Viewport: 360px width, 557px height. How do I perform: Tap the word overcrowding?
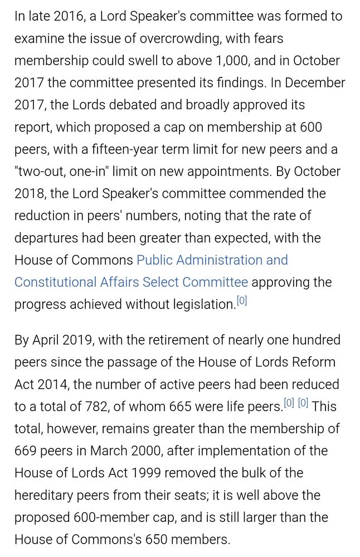coord(174,38)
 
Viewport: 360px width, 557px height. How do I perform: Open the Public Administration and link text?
coord(212,260)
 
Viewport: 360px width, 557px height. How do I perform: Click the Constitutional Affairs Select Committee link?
coord(131,282)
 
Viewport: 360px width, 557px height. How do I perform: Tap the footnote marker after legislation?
coord(242,301)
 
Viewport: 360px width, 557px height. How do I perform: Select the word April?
coord(50,340)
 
